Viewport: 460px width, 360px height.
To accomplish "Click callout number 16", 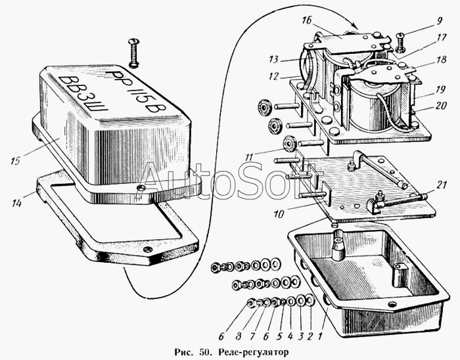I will pos(306,20).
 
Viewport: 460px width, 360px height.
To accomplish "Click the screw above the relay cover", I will pos(134,53).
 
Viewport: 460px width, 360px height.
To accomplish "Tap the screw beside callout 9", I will pos(400,43).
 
